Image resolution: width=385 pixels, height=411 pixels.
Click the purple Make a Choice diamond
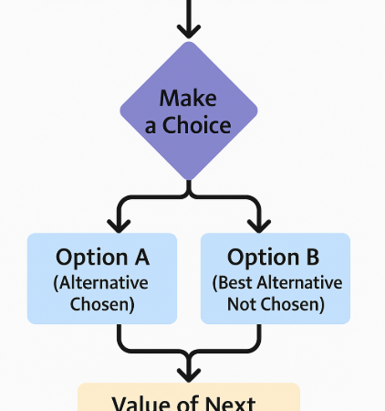(x=188, y=112)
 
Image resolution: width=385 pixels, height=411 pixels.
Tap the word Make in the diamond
(x=188, y=99)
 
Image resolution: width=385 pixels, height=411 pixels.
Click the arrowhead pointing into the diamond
(x=188, y=30)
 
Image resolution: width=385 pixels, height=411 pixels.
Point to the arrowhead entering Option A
(x=118, y=223)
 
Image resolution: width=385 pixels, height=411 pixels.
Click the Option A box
(x=102, y=279)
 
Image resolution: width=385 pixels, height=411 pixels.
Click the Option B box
(x=275, y=279)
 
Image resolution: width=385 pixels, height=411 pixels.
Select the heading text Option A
(x=102, y=257)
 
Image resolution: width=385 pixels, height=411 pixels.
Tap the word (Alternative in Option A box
(x=102, y=282)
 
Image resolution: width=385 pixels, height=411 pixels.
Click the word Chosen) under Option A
(x=102, y=304)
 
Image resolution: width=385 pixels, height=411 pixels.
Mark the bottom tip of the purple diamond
(x=188, y=180)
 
